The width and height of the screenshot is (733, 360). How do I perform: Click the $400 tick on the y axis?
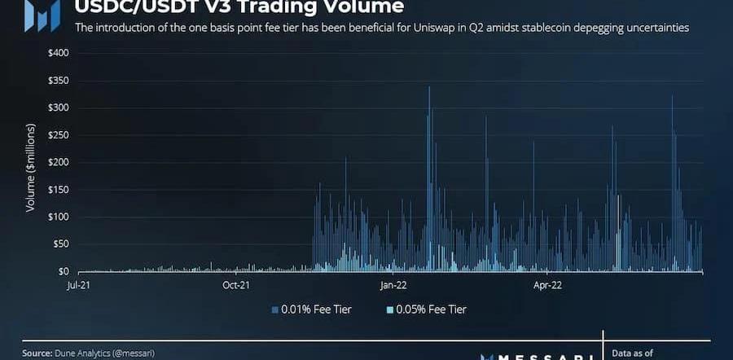coord(57,53)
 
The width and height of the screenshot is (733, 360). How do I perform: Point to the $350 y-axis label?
coord(57,81)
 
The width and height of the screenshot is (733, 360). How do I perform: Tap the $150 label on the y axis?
coord(57,190)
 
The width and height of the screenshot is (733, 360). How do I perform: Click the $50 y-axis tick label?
coord(59,244)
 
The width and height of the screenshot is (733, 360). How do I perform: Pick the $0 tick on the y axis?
coord(62,271)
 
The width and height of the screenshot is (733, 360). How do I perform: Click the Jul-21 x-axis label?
coord(78,285)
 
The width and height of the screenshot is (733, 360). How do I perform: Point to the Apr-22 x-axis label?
coord(547,285)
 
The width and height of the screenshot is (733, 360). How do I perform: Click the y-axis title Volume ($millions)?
coord(30,168)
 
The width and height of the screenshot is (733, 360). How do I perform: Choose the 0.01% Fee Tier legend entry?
coord(311,310)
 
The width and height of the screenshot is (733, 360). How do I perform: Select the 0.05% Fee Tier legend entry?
coord(427,310)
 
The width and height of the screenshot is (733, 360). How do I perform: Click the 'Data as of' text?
coord(634,353)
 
